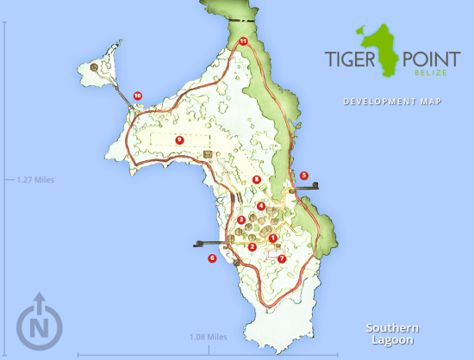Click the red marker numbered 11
click(243, 40)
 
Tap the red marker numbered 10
click(137, 96)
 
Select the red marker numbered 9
click(179, 139)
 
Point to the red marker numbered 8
click(256, 179)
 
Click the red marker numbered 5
click(303, 176)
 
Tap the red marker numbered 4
click(261, 206)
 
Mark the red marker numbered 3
click(241, 220)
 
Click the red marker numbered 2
click(252, 247)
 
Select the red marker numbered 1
click(273, 239)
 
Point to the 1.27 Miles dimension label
click(34, 180)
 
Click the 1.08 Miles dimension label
click(207, 337)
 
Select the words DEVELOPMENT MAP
click(392, 102)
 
